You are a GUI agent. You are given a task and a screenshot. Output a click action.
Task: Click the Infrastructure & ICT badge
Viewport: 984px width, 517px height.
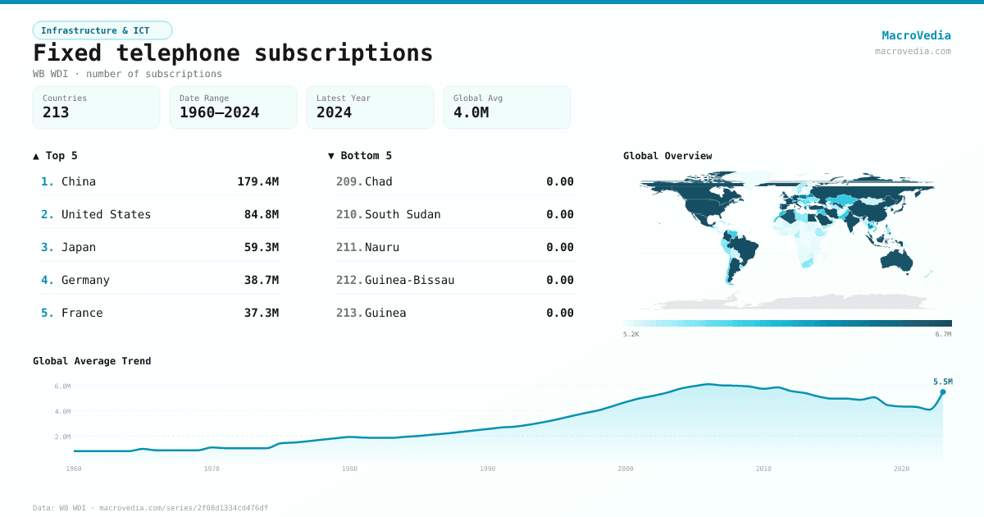(102, 30)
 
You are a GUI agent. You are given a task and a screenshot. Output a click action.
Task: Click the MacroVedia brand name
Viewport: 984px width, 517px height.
(916, 35)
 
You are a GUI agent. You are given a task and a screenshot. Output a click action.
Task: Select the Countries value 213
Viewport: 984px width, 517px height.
(56, 112)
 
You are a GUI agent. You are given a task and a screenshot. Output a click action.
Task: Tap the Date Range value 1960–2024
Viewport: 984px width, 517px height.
(219, 112)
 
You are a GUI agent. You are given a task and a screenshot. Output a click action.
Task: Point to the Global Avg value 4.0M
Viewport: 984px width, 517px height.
(471, 112)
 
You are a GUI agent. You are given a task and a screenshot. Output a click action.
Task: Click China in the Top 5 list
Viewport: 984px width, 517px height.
(79, 181)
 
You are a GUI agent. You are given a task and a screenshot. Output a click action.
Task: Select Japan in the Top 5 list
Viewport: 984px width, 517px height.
(79, 247)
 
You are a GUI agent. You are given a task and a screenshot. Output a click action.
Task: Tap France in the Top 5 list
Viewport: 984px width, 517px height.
(82, 313)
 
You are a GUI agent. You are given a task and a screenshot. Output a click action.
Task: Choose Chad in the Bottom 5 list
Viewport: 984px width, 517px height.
(379, 181)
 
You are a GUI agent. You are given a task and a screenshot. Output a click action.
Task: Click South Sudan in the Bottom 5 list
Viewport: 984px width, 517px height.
(403, 214)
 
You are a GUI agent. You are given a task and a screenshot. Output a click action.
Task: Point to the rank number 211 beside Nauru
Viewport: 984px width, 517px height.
(348, 247)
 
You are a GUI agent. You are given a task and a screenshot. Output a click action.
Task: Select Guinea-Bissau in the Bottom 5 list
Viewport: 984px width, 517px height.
(409, 280)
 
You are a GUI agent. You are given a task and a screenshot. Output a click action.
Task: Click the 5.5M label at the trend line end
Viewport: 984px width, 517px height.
(942, 382)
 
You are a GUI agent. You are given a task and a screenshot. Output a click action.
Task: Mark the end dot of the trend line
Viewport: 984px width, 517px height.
(942, 392)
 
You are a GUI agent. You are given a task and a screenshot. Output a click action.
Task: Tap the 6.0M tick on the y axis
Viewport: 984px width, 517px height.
(62, 386)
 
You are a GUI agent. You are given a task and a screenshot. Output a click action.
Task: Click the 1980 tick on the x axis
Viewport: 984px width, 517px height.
(350, 469)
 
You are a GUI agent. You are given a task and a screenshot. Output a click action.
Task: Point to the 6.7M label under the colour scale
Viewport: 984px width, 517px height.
(943, 334)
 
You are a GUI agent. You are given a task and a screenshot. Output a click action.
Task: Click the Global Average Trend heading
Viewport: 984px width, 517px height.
(92, 361)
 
